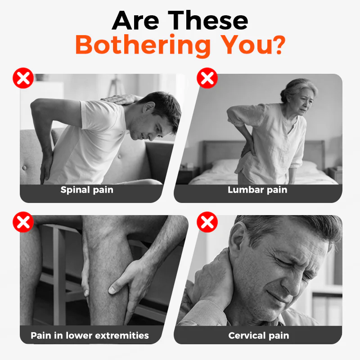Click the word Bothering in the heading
[143, 46]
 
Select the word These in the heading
[208, 20]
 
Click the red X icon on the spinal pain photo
[23, 78]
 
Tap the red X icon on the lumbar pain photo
[207, 78]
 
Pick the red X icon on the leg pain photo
[23, 222]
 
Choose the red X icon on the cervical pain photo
[207, 222]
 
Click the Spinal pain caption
[87, 190]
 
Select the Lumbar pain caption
[257, 190]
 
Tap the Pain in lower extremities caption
[90, 335]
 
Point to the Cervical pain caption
[258, 336]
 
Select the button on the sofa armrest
[24, 168]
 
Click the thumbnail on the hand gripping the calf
[112, 289]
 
